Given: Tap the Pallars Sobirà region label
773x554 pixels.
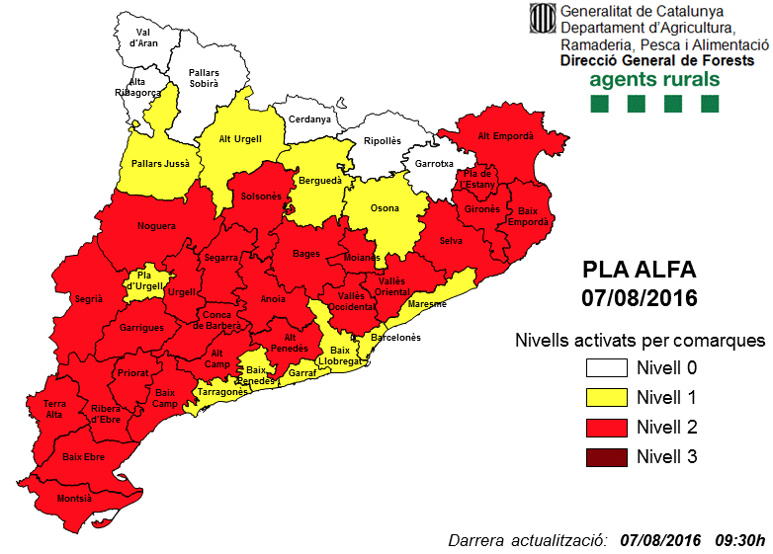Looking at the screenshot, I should [204, 79].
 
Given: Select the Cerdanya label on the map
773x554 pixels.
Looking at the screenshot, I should [309, 119].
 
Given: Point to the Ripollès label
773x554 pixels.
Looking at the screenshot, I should [383, 141].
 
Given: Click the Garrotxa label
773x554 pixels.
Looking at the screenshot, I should [434, 163].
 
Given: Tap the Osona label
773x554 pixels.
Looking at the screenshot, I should [385, 208].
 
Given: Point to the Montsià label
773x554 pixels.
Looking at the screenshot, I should [74, 499].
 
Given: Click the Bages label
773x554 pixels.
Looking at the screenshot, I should [306, 254].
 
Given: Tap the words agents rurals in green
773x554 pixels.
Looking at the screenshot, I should [653, 79].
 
